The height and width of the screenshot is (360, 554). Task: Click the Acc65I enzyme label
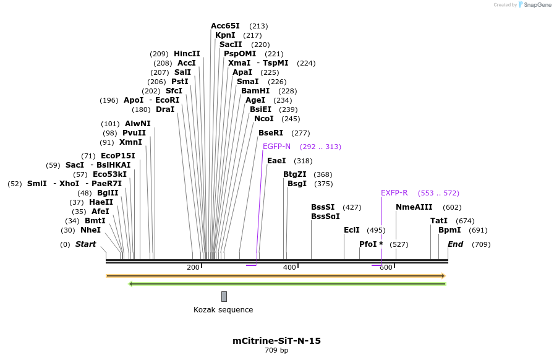click(x=225, y=26)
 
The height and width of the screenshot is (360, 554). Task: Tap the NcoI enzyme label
click(x=263, y=119)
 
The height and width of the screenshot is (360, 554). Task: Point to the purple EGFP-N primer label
click(x=276, y=147)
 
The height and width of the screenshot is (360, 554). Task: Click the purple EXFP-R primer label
click(x=394, y=193)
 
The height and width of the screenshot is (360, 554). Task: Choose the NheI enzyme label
click(x=90, y=230)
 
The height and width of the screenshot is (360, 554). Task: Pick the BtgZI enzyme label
click(x=295, y=174)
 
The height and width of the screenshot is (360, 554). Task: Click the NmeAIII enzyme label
click(x=414, y=207)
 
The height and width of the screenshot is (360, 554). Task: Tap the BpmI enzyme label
click(x=450, y=230)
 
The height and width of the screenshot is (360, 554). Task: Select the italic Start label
click(x=85, y=244)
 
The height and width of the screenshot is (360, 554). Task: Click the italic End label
click(x=455, y=244)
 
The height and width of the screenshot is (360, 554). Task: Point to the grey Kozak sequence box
click(x=224, y=296)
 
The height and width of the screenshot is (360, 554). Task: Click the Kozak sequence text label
click(x=223, y=310)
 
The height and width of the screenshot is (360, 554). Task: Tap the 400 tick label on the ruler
click(x=289, y=267)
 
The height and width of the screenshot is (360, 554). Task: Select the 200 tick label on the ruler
click(x=193, y=267)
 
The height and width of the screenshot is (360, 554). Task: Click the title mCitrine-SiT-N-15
click(x=276, y=341)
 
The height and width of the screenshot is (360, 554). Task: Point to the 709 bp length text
click(x=276, y=351)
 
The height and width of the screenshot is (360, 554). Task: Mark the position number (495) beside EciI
click(x=376, y=230)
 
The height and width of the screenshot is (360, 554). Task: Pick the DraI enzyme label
click(x=165, y=109)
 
